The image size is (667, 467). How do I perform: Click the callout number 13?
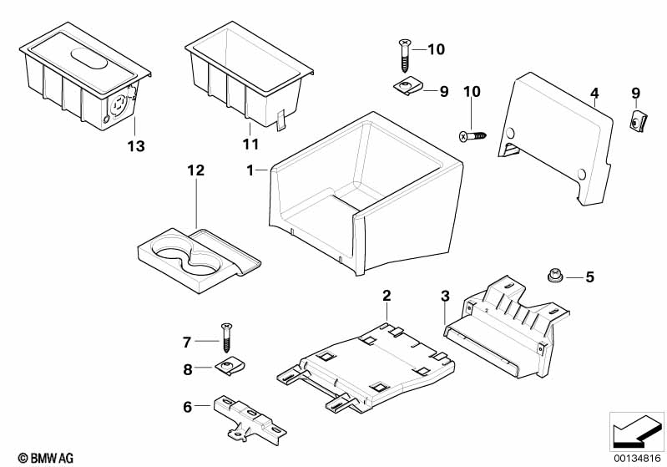pyautogui.click(x=136, y=146)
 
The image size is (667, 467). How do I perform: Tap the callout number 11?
pyautogui.click(x=250, y=145)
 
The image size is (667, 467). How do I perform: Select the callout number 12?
pyautogui.click(x=196, y=170)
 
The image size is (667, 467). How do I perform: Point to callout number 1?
pyautogui.click(x=250, y=170)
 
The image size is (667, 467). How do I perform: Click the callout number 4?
pyautogui.click(x=594, y=94)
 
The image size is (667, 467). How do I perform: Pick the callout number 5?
pyautogui.click(x=589, y=277)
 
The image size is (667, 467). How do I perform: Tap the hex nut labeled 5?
pyautogui.click(x=554, y=276)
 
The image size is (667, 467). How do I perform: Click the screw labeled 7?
pyautogui.click(x=227, y=338)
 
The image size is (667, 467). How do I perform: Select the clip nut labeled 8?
pyautogui.click(x=231, y=367)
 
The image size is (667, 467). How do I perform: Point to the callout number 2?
pyautogui.click(x=387, y=296)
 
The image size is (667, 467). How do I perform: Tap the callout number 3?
pyautogui.click(x=445, y=296)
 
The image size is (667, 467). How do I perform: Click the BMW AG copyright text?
pyautogui.click(x=46, y=458)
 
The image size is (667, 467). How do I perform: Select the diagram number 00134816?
pyautogui.click(x=637, y=458)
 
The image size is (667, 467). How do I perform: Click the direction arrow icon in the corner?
pyautogui.click(x=637, y=431)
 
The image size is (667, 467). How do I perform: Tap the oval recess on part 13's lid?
pyautogui.click(x=88, y=58)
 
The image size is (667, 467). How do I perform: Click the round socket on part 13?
pyautogui.click(x=119, y=104)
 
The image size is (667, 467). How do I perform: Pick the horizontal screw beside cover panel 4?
pyautogui.click(x=472, y=136)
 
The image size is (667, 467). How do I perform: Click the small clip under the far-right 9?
pyautogui.click(x=637, y=120)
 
